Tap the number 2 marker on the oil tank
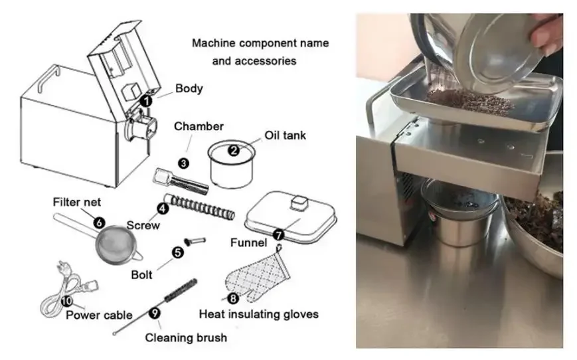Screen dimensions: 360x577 [x=233, y=150]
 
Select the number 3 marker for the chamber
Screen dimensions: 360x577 [x=183, y=161]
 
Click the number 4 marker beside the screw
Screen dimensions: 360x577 [x=161, y=208]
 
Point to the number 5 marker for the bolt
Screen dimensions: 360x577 [x=177, y=252]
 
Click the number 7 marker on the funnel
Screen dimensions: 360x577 [x=278, y=234]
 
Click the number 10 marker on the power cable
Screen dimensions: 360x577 [x=67, y=300]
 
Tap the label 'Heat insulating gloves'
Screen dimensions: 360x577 [x=258, y=314]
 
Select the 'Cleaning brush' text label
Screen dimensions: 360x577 [x=186, y=337]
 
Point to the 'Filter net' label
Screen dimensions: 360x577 [x=77, y=201]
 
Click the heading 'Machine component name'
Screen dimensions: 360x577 [x=260, y=44]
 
